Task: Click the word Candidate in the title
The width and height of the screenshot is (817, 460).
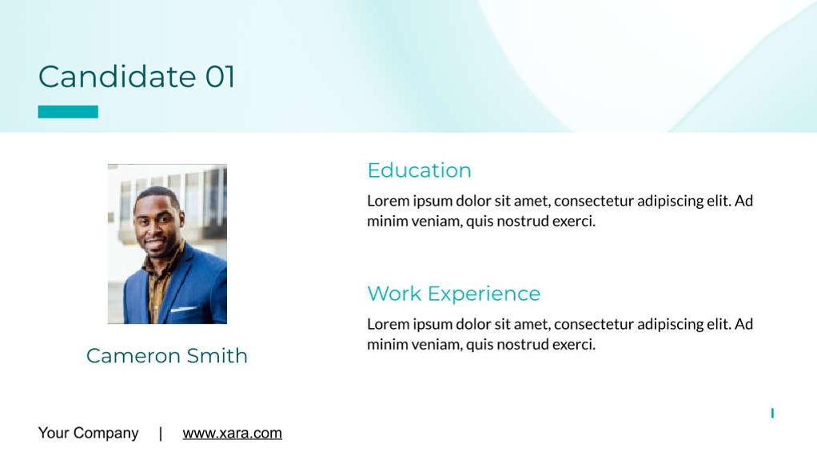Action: point(117,77)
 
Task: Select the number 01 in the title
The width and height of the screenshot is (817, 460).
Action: point(220,77)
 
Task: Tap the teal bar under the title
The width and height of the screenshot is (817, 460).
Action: point(68,112)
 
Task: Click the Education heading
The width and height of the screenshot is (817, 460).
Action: point(419,170)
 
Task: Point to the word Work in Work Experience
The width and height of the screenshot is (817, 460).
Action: point(394,294)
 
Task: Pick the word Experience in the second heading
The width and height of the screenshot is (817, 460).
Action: point(484,294)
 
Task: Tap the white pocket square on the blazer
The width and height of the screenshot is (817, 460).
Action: point(183,309)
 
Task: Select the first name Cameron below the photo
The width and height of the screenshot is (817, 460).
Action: point(133,355)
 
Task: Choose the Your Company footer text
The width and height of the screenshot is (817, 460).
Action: point(88,433)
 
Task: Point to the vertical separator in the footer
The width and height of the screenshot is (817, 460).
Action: point(161,433)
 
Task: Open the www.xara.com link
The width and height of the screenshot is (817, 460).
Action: point(232,433)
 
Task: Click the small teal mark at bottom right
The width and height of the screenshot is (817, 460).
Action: point(772,413)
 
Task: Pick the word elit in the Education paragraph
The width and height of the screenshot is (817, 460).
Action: point(717,201)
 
